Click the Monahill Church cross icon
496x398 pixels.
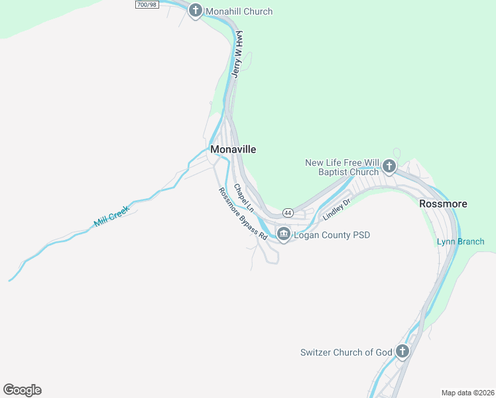[x=195, y=11]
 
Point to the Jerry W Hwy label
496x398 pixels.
[x=237, y=54]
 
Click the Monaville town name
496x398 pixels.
[x=233, y=150]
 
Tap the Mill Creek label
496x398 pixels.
[x=112, y=216]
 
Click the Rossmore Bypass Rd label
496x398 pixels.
[x=243, y=214]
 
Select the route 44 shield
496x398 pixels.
[x=287, y=213]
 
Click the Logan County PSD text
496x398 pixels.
[x=332, y=235]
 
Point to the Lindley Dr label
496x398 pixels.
[x=336, y=209]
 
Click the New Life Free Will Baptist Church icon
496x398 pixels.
[x=389, y=166]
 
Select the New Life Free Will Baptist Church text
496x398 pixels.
[x=342, y=167]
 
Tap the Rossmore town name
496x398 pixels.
[x=443, y=204]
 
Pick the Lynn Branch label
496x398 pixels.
[x=460, y=241]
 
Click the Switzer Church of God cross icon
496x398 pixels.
[x=402, y=351]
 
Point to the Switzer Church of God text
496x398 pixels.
[x=346, y=352]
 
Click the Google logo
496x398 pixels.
[x=22, y=390]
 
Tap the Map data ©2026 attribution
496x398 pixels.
[x=467, y=393]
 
